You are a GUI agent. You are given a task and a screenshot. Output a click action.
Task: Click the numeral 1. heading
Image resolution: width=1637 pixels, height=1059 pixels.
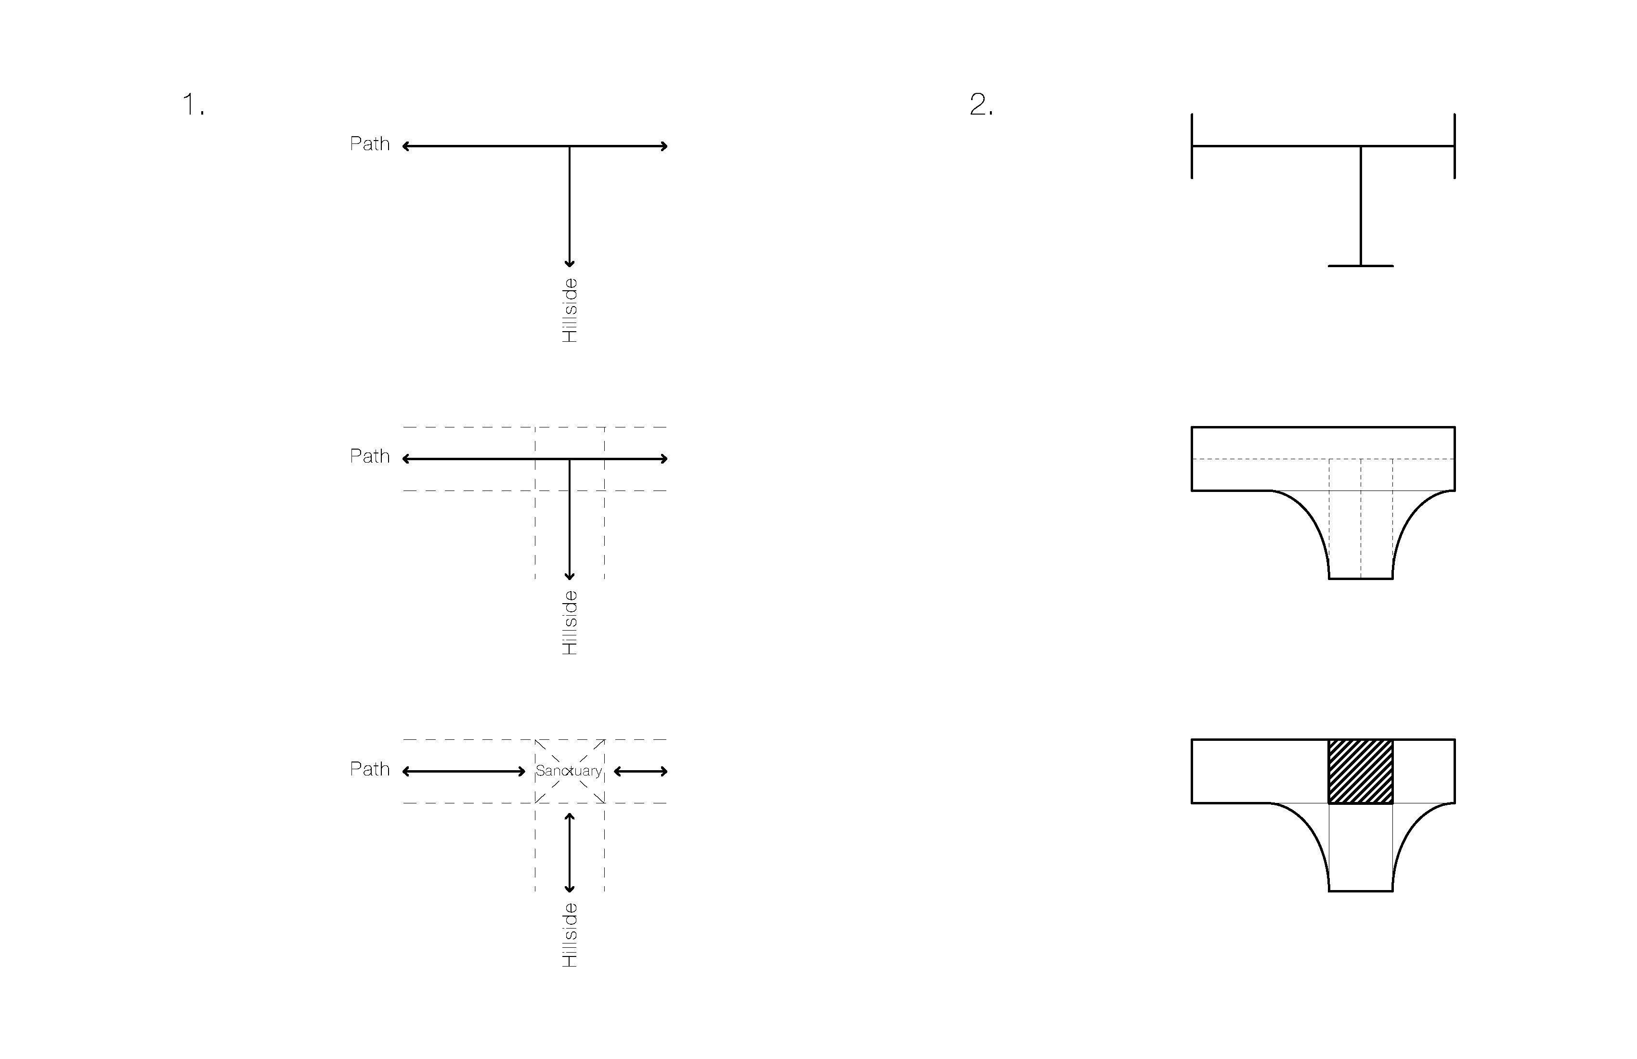193,104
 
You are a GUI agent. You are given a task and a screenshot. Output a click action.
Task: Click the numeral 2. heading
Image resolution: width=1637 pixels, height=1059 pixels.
981,104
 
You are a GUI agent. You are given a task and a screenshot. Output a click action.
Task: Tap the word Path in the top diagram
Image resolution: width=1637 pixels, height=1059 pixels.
370,144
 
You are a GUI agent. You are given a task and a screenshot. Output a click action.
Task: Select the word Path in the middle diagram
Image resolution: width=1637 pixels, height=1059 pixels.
370,456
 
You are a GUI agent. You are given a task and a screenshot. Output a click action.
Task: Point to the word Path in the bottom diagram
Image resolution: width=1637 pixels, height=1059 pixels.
370,769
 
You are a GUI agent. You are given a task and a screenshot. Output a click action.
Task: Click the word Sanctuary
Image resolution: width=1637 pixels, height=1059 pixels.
569,771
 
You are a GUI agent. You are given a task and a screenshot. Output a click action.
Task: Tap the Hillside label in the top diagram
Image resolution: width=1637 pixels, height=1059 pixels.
570,310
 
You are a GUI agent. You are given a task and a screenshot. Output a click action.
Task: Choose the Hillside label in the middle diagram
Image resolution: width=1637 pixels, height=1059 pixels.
570,622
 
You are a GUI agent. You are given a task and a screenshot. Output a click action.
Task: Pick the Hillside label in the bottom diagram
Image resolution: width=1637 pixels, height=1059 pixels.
570,935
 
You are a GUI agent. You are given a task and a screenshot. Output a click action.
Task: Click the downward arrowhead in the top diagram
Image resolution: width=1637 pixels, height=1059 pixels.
570,263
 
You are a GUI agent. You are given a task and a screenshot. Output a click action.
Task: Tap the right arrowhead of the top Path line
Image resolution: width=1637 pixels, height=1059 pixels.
664,146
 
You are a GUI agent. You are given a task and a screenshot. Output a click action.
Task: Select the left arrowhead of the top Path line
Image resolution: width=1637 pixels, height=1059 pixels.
406,146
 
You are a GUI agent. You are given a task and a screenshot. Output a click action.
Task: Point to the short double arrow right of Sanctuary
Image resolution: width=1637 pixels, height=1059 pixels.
640,772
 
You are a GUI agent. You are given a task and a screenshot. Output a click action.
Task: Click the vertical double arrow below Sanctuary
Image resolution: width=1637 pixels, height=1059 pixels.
570,852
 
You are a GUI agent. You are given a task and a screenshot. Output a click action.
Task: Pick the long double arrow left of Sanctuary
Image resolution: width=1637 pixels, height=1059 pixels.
464,772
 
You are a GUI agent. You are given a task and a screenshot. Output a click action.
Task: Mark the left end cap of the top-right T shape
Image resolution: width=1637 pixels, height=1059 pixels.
1192,146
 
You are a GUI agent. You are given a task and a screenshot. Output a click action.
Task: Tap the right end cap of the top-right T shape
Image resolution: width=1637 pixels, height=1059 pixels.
1455,146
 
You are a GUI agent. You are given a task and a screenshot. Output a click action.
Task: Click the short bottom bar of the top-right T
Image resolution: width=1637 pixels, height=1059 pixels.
1361,265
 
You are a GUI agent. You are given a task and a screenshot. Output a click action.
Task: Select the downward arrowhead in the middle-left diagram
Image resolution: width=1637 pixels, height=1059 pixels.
570,576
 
